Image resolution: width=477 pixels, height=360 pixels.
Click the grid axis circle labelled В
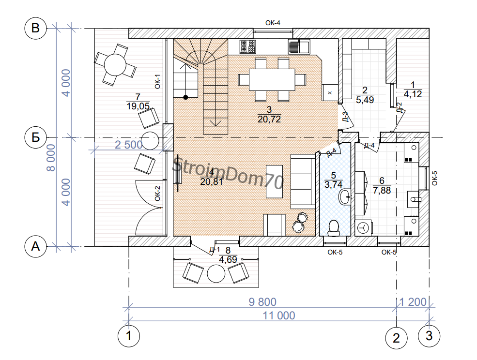(35, 28)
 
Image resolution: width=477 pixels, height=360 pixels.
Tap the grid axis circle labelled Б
(35, 137)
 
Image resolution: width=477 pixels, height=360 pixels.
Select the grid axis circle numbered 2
(396, 338)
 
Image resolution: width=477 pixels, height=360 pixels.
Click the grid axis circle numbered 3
(429, 336)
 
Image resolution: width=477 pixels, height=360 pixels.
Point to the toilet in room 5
(334, 228)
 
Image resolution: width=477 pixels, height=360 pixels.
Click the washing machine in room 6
(364, 228)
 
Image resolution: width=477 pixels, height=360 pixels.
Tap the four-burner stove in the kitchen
(247, 47)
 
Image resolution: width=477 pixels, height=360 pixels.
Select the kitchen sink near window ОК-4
(299, 47)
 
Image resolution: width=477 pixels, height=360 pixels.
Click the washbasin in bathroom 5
(345, 197)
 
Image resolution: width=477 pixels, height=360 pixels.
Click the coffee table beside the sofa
(275, 181)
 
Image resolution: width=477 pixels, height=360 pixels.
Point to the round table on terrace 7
(115, 64)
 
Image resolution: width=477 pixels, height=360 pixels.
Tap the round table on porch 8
(216, 274)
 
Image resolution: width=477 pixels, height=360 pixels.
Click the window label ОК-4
(273, 23)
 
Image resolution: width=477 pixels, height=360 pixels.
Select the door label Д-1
(215, 250)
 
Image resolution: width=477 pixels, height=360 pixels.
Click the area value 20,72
(269, 119)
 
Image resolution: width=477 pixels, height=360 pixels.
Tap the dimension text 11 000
(278, 315)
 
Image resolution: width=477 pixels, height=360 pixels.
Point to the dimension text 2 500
(128, 145)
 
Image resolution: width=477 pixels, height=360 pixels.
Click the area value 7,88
(382, 190)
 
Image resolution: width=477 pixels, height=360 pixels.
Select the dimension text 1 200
(413, 302)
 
